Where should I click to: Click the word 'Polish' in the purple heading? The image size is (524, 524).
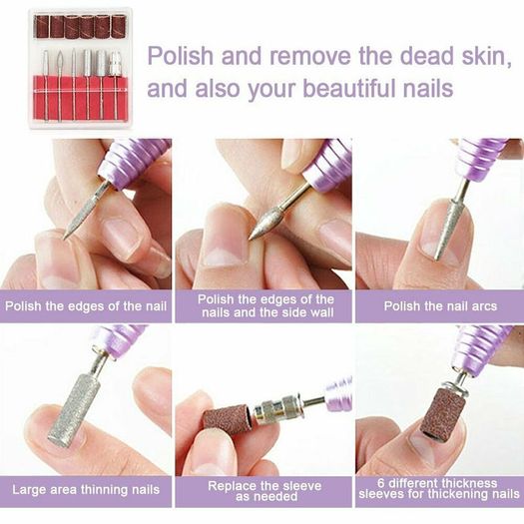(180, 56)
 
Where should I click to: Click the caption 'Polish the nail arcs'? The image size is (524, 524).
(440, 306)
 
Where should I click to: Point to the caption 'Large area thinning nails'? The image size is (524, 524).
(86, 490)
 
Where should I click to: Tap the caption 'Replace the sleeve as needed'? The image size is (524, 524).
(264, 491)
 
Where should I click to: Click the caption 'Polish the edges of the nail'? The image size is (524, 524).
(86, 306)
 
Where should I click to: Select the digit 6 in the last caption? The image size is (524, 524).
(381, 483)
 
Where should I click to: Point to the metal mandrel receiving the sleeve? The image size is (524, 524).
(278, 409)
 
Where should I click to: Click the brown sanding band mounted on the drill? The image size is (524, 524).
(445, 413)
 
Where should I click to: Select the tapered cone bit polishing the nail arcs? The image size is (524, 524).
(449, 228)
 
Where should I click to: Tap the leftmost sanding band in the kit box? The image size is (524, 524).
(42, 26)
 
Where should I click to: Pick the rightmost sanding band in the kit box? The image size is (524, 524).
(119, 26)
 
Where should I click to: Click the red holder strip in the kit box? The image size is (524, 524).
(81, 98)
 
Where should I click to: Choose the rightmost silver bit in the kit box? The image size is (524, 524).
(116, 64)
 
